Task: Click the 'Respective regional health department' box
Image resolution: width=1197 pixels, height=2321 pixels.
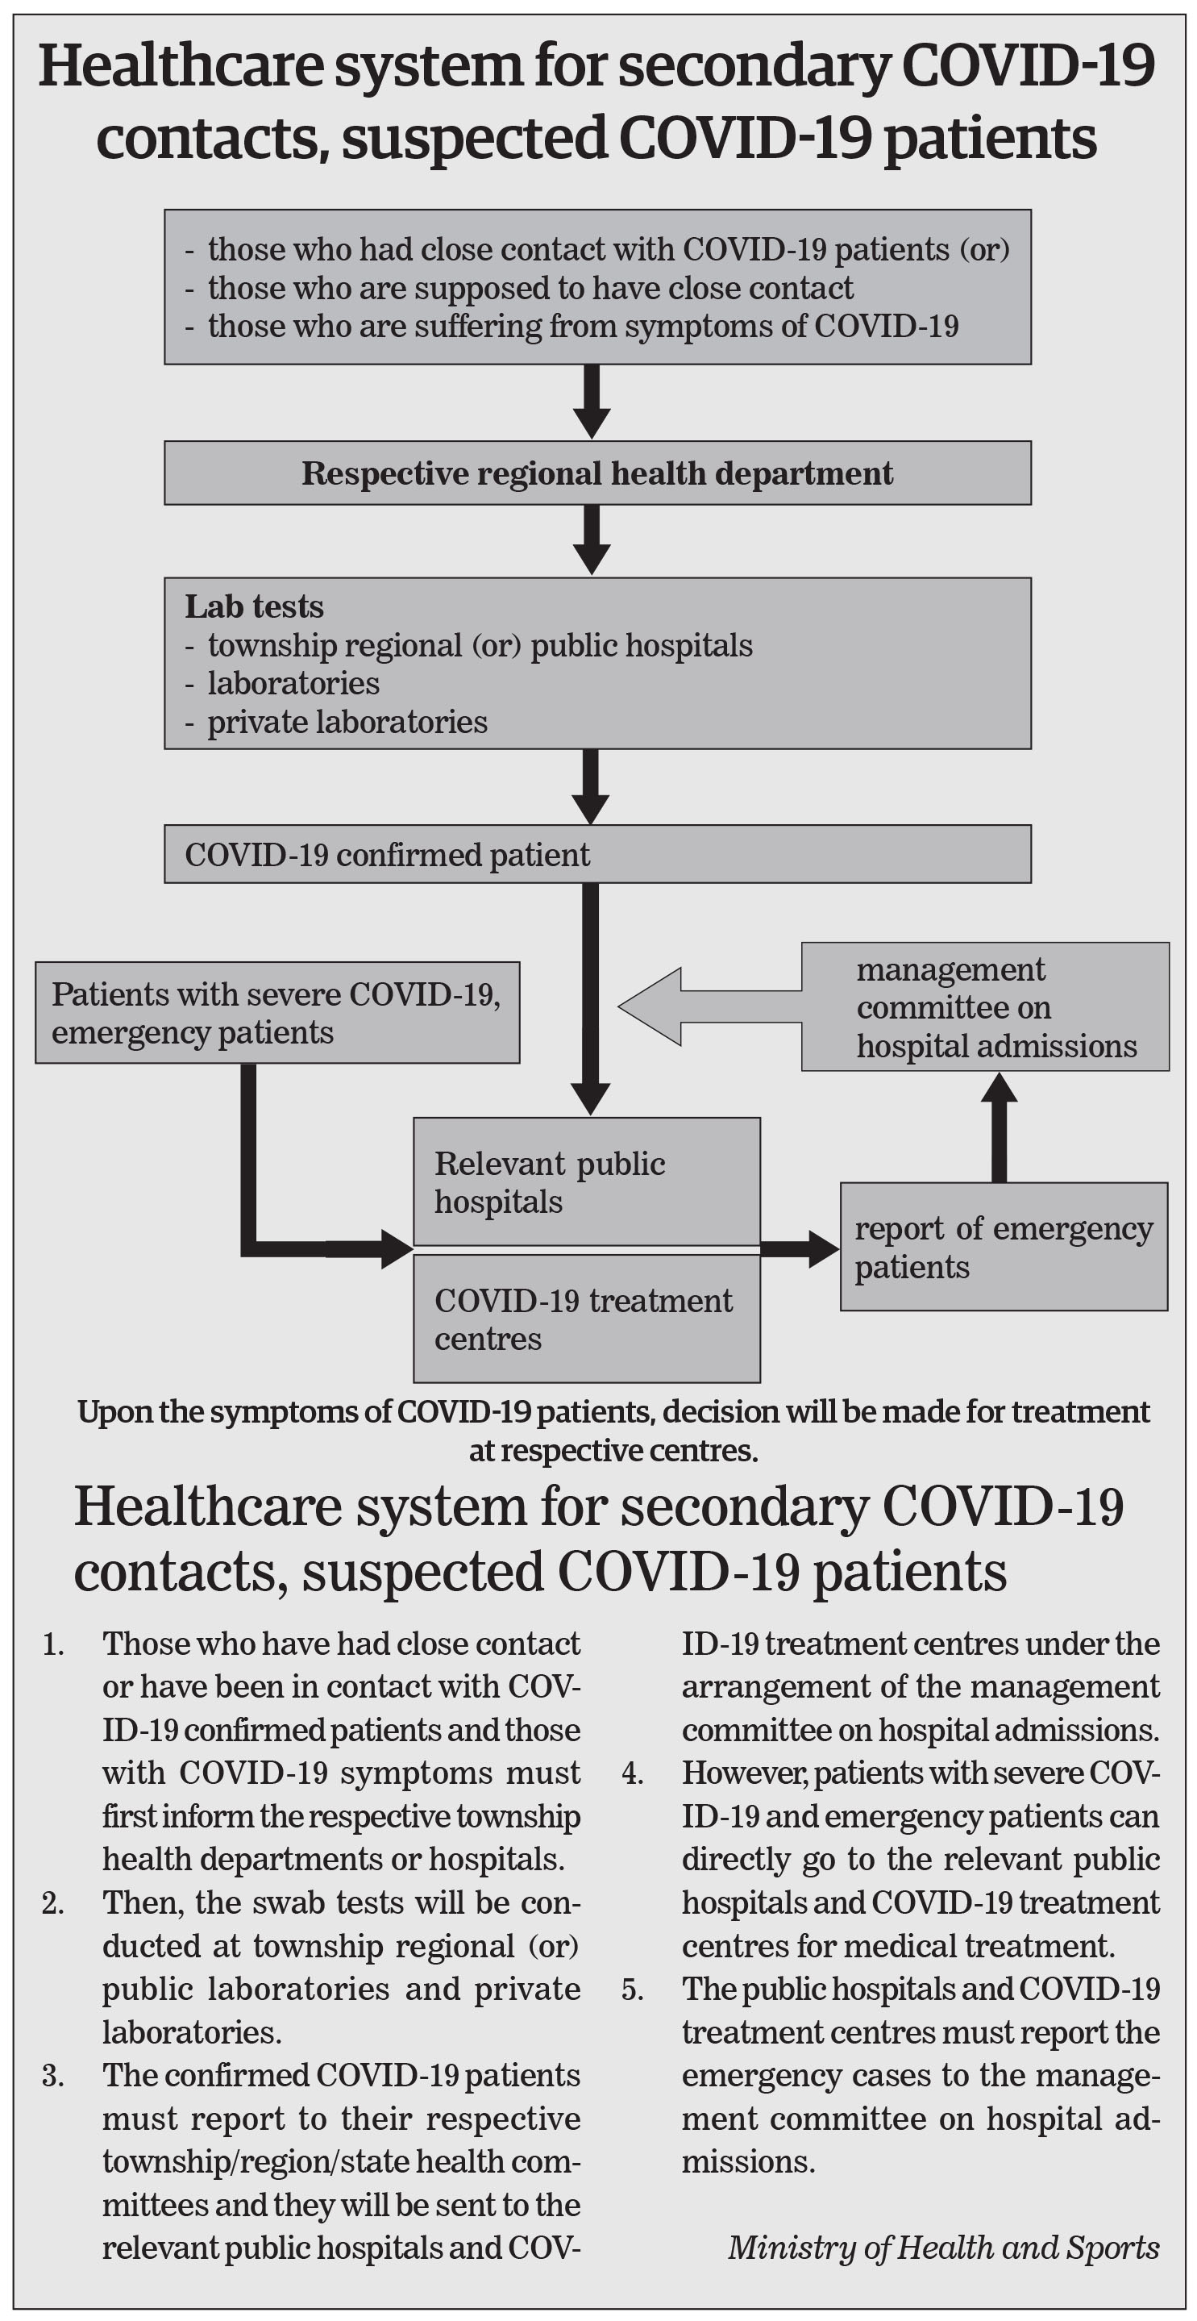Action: [x=597, y=473]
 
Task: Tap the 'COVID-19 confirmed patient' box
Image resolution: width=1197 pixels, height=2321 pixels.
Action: [x=597, y=854]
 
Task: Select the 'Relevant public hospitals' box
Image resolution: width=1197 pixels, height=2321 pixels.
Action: [x=586, y=1182]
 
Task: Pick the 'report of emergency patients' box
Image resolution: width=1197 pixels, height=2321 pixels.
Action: [x=1004, y=1247]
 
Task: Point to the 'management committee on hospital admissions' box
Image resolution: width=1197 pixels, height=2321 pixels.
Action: [x=985, y=1006]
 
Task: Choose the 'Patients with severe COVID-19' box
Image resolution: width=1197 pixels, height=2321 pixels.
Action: [x=277, y=1013]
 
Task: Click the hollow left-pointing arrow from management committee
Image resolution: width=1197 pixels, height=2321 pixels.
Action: [x=709, y=1006]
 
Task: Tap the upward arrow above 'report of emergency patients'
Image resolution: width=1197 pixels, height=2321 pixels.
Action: [x=999, y=1127]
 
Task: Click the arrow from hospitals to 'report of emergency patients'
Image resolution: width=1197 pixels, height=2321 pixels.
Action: [x=800, y=1248]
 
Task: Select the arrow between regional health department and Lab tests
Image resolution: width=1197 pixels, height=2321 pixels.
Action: [x=592, y=540]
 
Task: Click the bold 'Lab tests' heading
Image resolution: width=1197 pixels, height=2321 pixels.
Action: [x=254, y=607]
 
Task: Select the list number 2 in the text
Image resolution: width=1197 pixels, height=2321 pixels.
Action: [x=53, y=1903]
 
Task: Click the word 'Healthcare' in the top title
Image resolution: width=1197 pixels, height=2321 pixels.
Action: [x=178, y=67]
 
